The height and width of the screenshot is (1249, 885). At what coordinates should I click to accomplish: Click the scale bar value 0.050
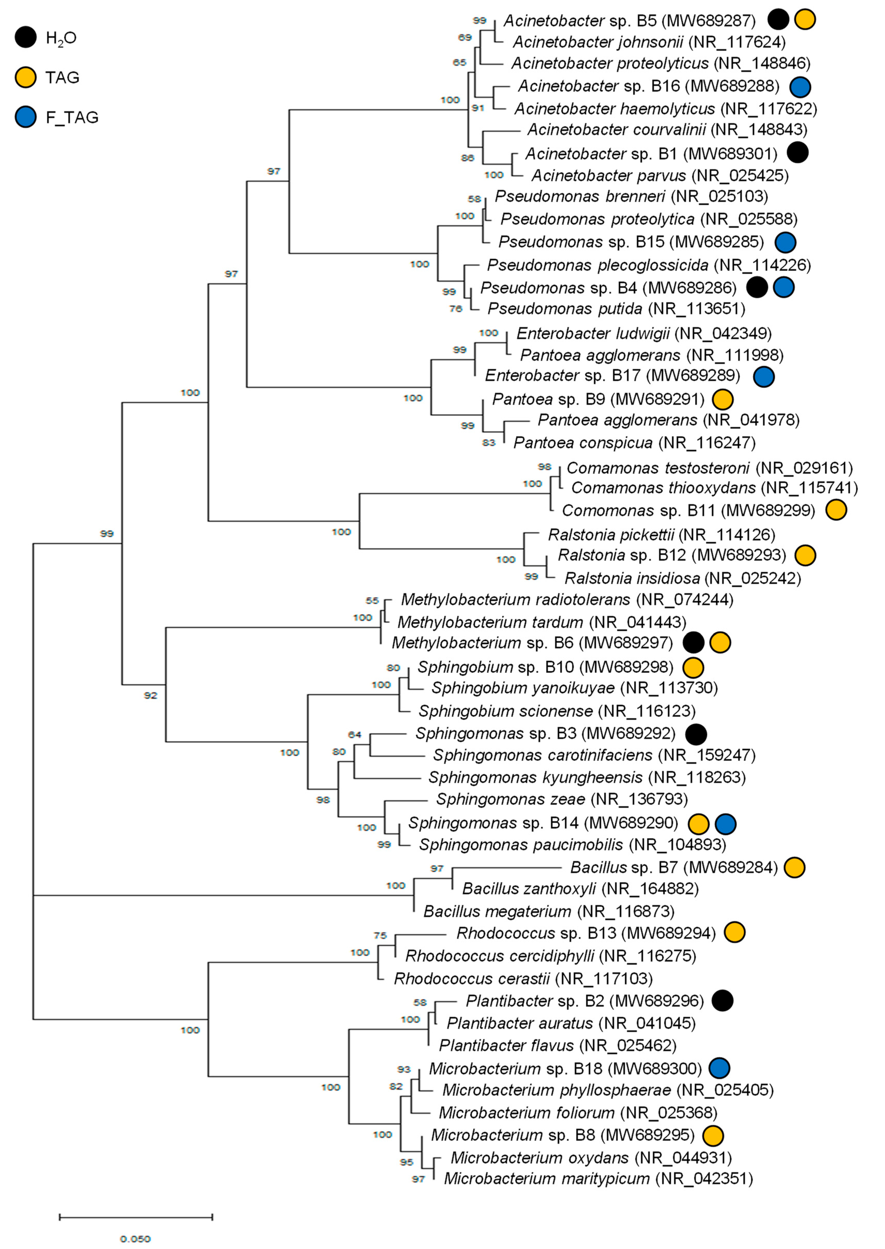(x=135, y=1239)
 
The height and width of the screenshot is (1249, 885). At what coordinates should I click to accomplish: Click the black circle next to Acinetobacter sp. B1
(x=798, y=153)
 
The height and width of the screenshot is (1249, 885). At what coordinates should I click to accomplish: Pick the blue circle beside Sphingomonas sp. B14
(x=725, y=824)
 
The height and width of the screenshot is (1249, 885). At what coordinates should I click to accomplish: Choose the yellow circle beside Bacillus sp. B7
(x=794, y=867)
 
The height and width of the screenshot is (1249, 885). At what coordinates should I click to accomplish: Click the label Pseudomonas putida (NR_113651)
(x=616, y=308)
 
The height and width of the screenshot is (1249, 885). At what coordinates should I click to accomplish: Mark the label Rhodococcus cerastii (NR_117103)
(x=523, y=979)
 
